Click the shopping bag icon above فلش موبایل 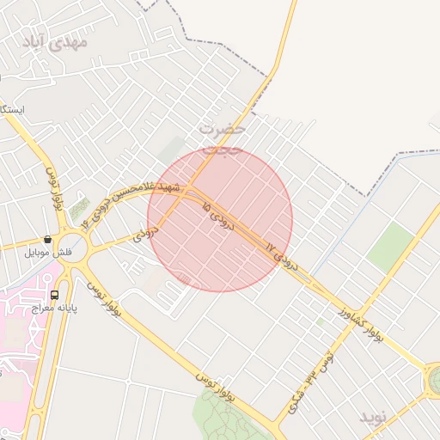(48, 240)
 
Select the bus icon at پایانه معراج (55, 294)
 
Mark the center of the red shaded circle (220, 219)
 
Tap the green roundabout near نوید (435, 378)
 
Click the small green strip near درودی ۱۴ (79, 207)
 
